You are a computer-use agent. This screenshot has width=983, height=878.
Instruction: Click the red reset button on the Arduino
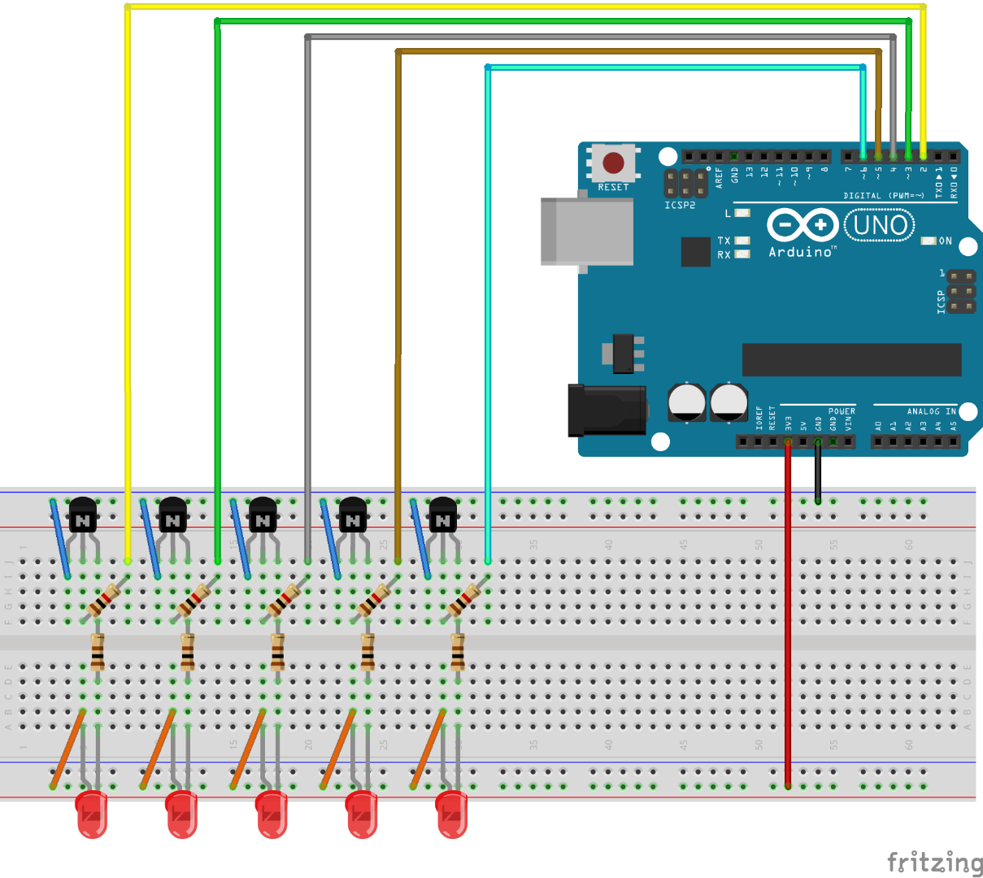point(613,163)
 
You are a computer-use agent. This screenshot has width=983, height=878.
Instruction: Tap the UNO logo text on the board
point(880,225)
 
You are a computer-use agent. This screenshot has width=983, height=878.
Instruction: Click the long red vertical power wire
point(787,618)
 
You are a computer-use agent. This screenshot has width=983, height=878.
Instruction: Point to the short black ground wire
point(818,472)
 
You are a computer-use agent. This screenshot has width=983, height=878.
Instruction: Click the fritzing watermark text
point(934,862)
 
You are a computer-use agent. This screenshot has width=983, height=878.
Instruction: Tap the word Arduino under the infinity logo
point(801,252)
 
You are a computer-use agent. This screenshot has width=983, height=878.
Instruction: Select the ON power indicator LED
point(929,241)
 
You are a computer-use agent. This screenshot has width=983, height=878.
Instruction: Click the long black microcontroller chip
point(851,359)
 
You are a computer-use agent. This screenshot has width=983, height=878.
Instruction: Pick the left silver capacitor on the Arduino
point(687,402)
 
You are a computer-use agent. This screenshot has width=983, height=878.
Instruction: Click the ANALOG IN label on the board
point(931,411)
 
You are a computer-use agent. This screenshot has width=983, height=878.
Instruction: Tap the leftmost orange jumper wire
point(68,748)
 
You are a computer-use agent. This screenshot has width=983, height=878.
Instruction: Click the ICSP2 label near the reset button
point(680,206)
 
